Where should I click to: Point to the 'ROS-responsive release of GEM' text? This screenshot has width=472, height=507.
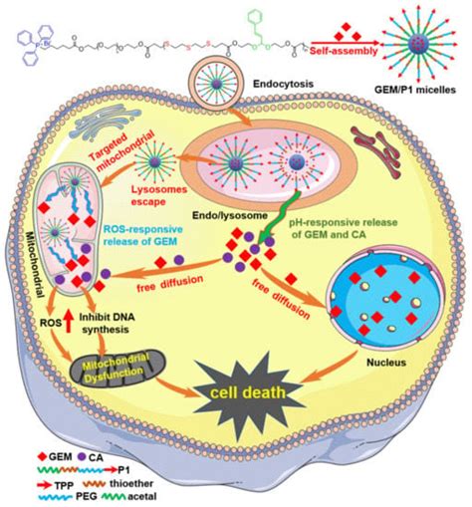tap(127, 239)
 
